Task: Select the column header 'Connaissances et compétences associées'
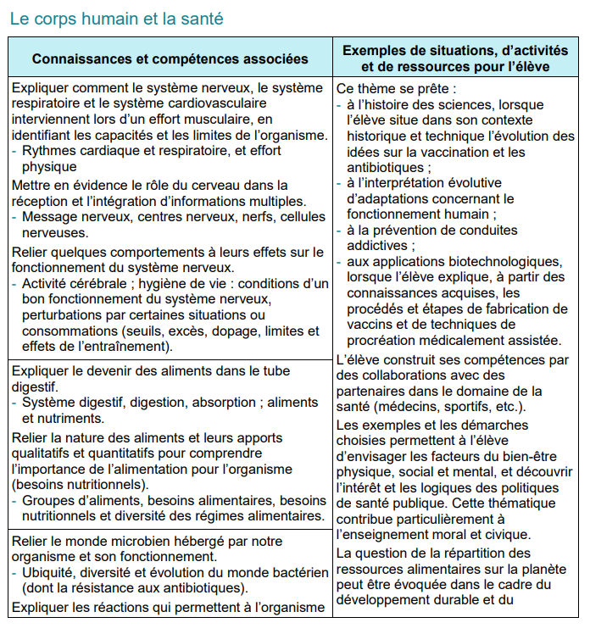(x=170, y=59)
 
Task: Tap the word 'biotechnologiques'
(x=504, y=261)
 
